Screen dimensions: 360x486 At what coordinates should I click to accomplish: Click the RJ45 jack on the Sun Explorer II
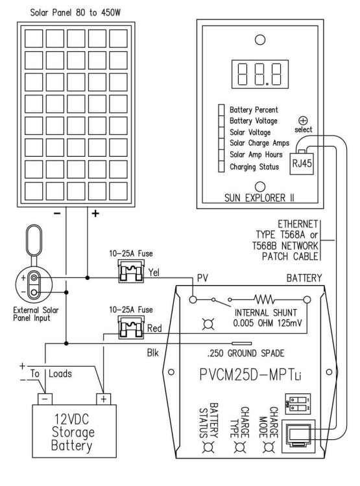pyautogui.click(x=302, y=163)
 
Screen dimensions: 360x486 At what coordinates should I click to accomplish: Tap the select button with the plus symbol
pyautogui.click(x=303, y=121)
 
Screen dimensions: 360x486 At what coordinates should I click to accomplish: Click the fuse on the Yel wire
pyautogui.click(x=131, y=272)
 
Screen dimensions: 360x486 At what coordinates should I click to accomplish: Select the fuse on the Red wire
pyautogui.click(x=131, y=328)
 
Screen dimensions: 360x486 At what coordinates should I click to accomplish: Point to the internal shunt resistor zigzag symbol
pyautogui.click(x=264, y=299)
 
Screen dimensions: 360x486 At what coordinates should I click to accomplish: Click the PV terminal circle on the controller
pyautogui.click(x=193, y=299)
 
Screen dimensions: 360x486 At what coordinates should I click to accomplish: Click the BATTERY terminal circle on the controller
pyautogui.click(x=307, y=299)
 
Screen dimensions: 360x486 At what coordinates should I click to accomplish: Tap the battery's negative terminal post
pyautogui.click(x=45, y=399)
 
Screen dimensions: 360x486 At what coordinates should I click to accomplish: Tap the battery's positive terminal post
pyautogui.click(x=103, y=399)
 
